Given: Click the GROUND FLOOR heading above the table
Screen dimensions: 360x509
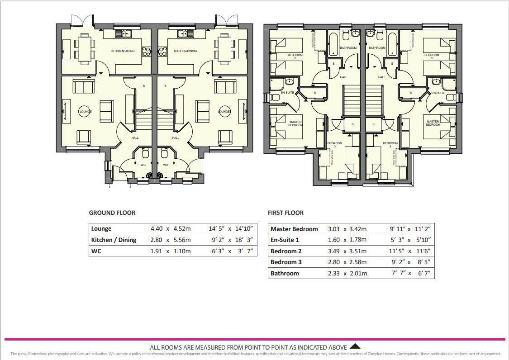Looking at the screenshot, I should pyautogui.click(x=112, y=213).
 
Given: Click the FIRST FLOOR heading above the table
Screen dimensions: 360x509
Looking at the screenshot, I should pyautogui.click(x=285, y=213).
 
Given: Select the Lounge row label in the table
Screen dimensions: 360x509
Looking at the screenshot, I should pyautogui.click(x=101, y=229).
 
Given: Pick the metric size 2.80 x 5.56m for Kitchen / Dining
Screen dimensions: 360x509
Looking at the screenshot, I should pyautogui.click(x=171, y=240).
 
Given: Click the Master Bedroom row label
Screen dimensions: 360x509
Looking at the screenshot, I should pyautogui.click(x=294, y=229).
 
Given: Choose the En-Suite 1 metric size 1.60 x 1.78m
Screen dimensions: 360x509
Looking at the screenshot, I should pyautogui.click(x=347, y=240).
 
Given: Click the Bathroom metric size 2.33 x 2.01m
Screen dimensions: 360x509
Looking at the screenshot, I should pyautogui.click(x=347, y=273).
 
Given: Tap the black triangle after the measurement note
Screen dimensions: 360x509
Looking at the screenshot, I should pyautogui.click(x=356, y=346).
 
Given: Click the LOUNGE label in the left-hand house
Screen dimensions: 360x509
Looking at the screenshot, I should pyautogui.click(x=85, y=111).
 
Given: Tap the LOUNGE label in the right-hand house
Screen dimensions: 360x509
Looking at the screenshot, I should pyautogui.click(x=224, y=111).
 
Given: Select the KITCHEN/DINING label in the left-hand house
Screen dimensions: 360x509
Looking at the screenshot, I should pyautogui.click(x=123, y=51).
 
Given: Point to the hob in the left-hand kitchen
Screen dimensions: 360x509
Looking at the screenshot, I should pyautogui.click(x=147, y=52).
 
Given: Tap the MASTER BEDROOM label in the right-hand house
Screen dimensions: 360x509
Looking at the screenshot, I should pyautogui.click(x=433, y=123).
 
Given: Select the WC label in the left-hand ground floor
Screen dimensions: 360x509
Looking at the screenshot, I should pyautogui.click(x=143, y=165).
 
